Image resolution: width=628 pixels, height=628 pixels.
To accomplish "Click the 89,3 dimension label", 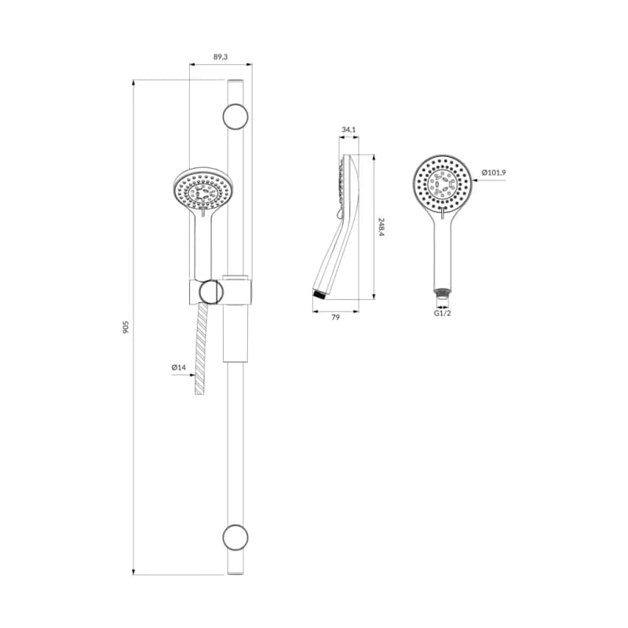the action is click(x=221, y=57).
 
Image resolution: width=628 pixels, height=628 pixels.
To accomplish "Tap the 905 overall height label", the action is click(x=126, y=327).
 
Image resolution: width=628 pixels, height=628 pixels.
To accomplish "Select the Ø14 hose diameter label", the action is click(x=179, y=367).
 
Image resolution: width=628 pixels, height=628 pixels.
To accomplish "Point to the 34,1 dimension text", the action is click(x=349, y=130).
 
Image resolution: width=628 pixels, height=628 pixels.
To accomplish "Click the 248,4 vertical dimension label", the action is click(x=382, y=227).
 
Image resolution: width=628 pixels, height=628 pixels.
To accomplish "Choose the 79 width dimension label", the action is click(x=336, y=317).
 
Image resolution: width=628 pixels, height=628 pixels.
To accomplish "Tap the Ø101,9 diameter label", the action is click(x=494, y=173).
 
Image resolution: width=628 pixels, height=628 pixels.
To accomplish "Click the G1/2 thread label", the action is click(x=443, y=313).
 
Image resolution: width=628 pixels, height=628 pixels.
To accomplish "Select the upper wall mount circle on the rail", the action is click(x=235, y=116).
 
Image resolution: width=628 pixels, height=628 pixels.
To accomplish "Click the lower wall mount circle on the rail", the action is click(x=235, y=537).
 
